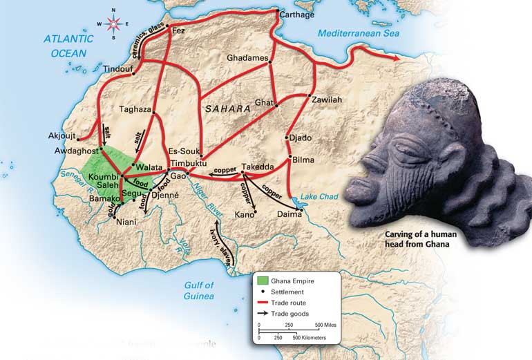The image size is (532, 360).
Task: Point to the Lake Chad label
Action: click(x=320, y=197)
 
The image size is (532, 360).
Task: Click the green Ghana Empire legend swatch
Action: click(x=263, y=281)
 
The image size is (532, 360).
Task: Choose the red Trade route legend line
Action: click(x=263, y=303)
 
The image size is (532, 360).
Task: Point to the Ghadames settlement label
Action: click(x=247, y=58)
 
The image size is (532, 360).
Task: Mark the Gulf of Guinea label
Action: click(x=199, y=291)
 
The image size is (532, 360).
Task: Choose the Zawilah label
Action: click(x=326, y=100)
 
